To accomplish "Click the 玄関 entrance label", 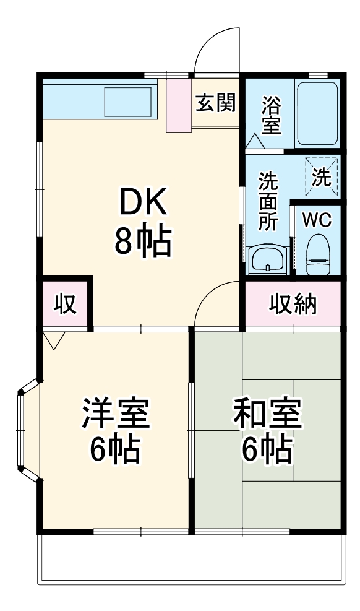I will point(216,103).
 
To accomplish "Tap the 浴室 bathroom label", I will point(271,115).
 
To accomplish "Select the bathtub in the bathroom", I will point(317,113).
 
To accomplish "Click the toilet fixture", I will point(320,253).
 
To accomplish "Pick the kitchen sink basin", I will point(129,101).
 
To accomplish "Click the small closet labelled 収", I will point(65,303).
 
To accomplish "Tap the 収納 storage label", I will point(293,303).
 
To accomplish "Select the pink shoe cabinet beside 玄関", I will point(179,104).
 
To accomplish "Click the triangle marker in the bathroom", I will point(254,142).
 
